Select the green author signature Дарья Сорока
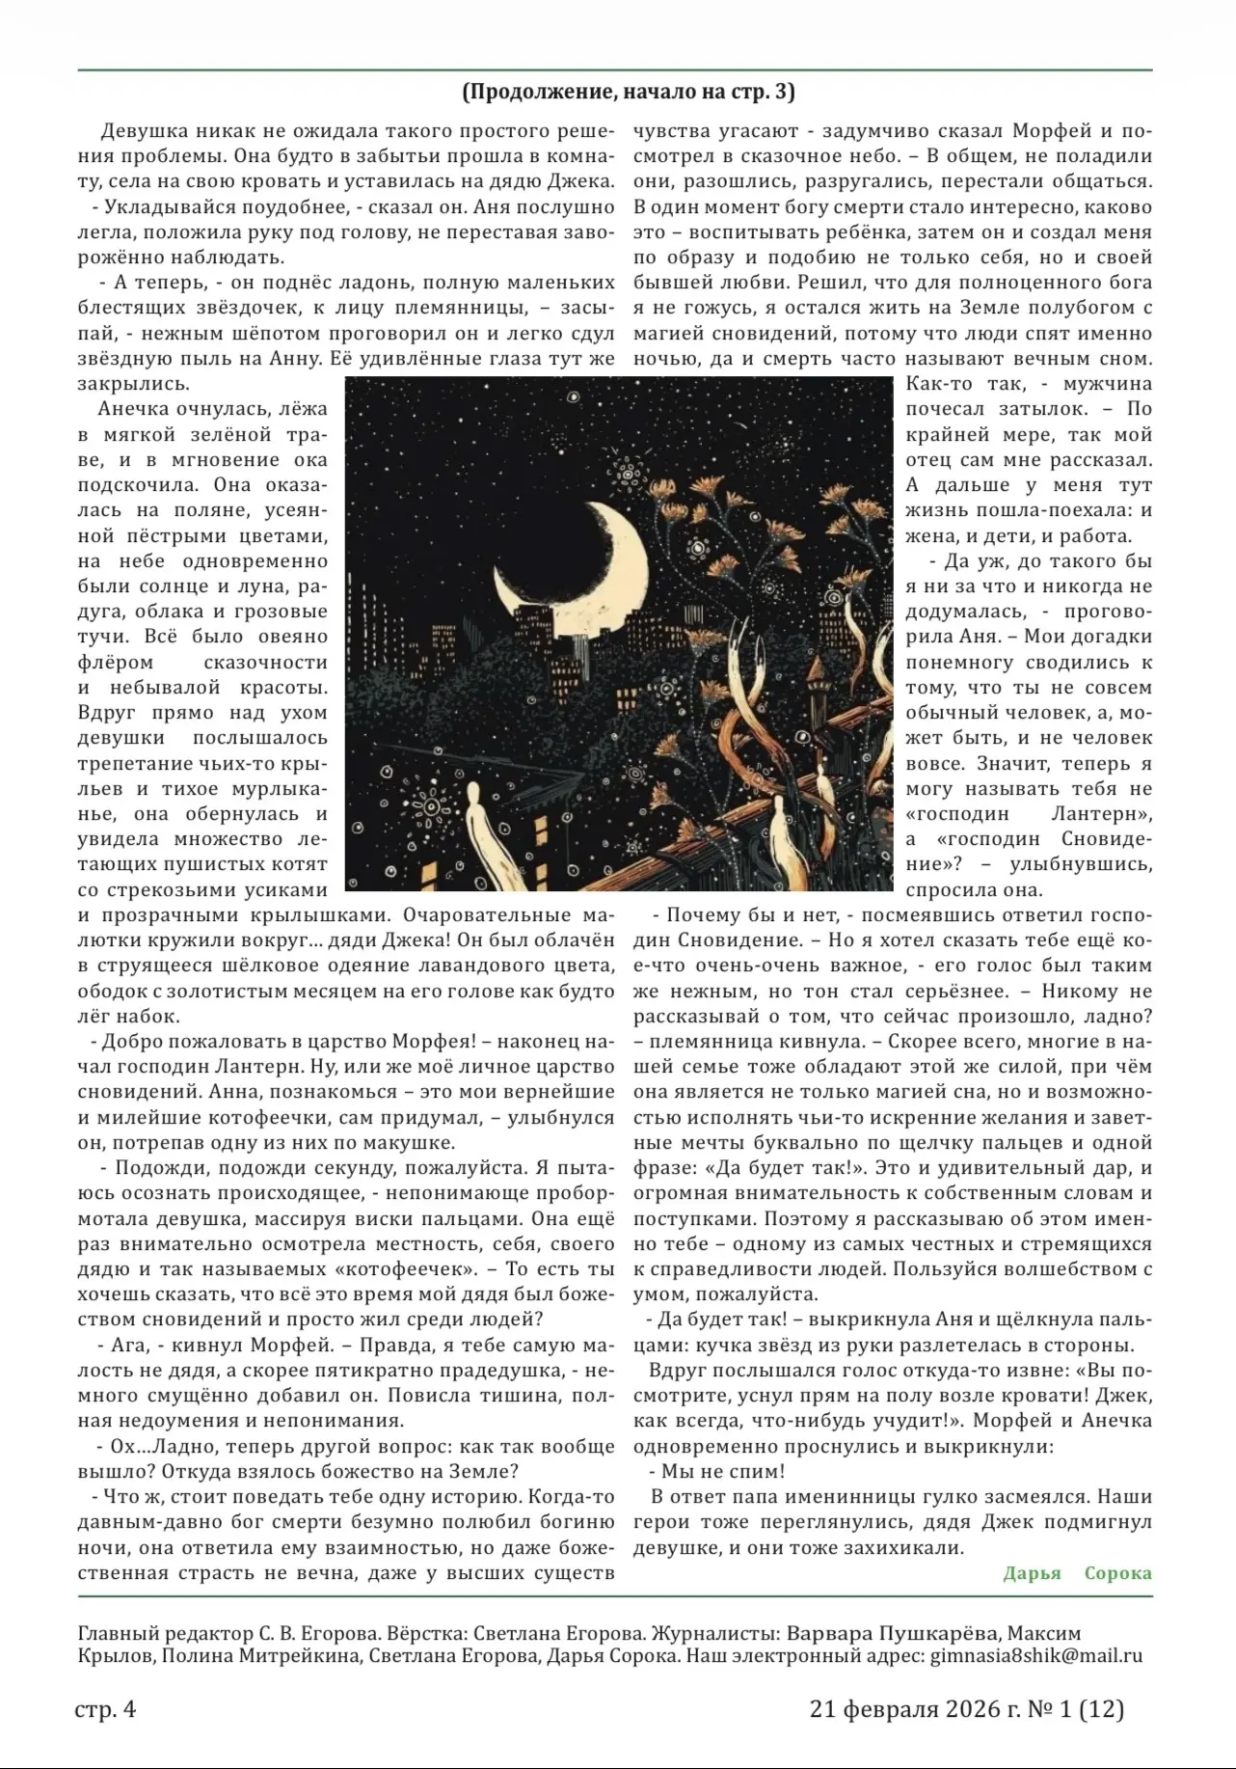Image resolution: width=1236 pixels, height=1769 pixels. tap(1077, 1573)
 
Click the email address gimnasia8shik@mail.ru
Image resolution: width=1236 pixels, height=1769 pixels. tap(1036, 1656)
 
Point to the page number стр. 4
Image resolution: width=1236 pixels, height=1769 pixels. tap(105, 1709)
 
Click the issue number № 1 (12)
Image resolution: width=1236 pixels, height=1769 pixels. tap(1076, 1709)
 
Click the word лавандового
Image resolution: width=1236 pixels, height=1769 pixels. tap(511, 966)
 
